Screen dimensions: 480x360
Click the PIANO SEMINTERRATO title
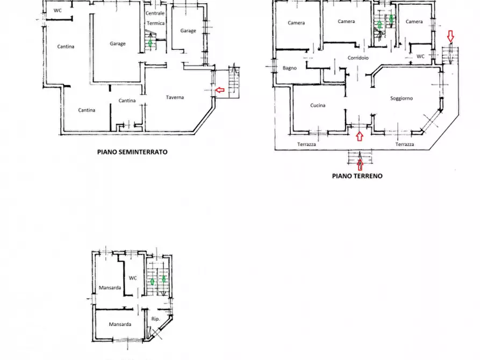tap(132, 152)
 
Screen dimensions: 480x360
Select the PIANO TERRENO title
tap(357, 176)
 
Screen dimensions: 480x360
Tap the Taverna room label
tap(175, 97)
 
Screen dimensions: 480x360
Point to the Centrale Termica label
tap(155, 18)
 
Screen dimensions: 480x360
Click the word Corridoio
tap(358, 58)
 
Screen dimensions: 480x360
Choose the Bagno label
tap(290, 68)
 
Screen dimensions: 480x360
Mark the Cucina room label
tap(318, 105)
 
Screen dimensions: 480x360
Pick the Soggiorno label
tap(402, 98)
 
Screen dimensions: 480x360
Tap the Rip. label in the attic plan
tap(155, 319)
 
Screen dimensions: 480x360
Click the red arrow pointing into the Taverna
tap(219, 90)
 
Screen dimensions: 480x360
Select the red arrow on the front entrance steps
tap(360, 165)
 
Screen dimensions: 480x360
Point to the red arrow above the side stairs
tap(450, 36)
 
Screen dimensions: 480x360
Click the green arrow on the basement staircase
tap(150, 42)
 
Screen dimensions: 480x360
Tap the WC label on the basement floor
tap(58, 10)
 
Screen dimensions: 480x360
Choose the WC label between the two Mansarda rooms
tap(133, 278)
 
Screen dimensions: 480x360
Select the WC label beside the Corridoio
tap(420, 56)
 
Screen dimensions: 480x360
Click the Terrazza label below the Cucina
tap(306, 144)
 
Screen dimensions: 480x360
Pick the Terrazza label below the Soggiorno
tap(405, 144)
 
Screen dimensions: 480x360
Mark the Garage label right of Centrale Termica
tap(188, 31)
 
